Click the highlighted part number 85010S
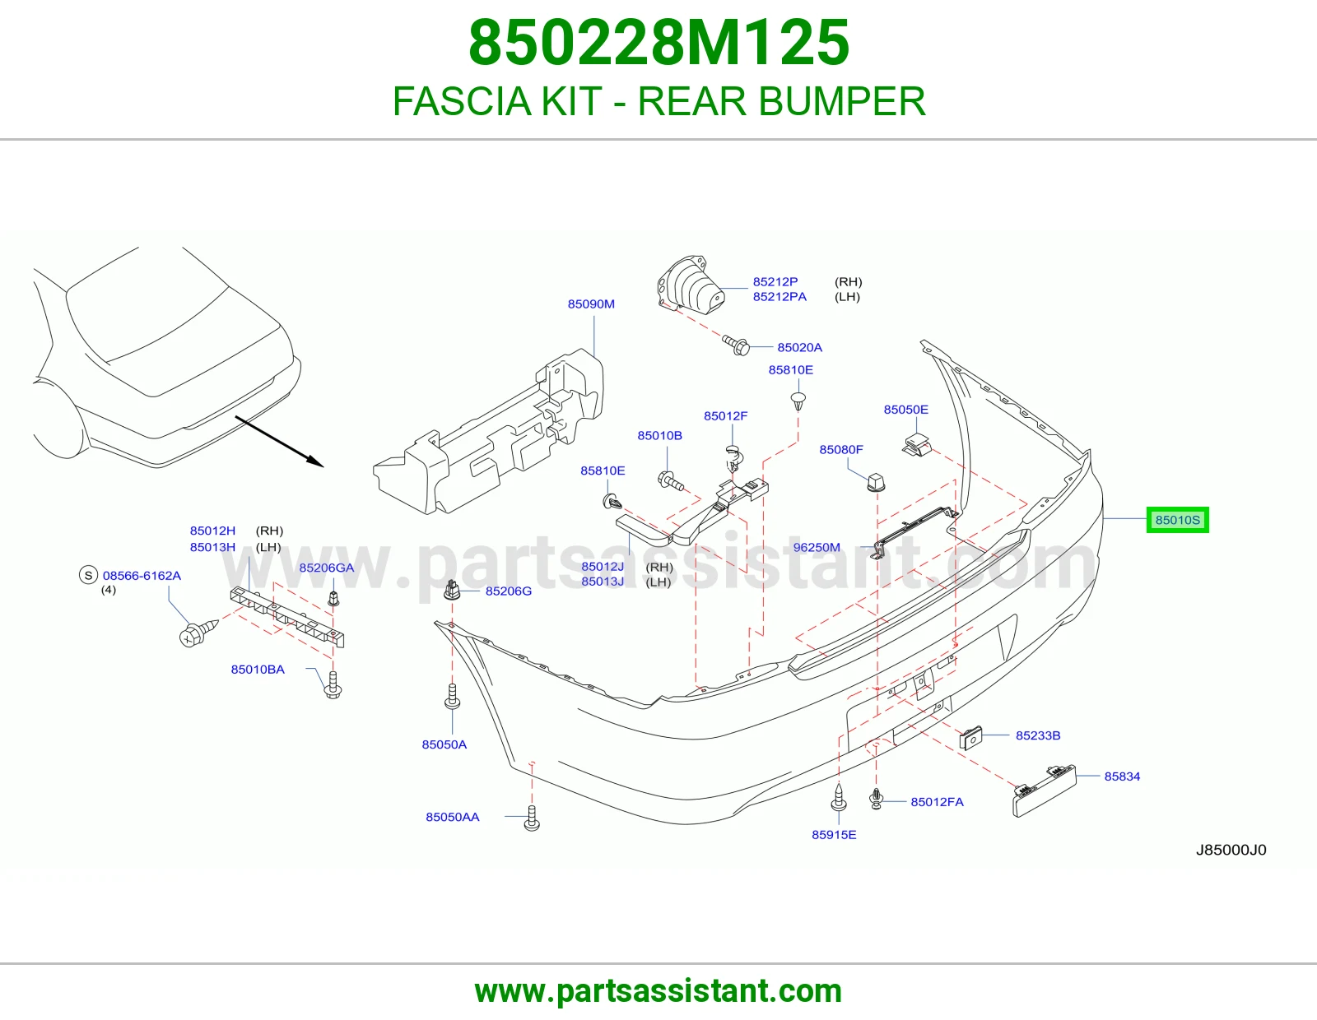pyautogui.click(x=1177, y=520)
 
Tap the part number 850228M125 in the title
pyautogui.click(x=658, y=43)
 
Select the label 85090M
pyautogui.click(x=591, y=304)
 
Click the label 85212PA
pyautogui.click(x=779, y=297)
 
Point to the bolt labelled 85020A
pyautogui.click(x=737, y=345)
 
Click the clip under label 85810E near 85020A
pyautogui.click(x=798, y=401)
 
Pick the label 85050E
pyautogui.click(x=905, y=410)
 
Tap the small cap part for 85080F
pyautogui.click(x=877, y=482)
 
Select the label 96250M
pyautogui.click(x=817, y=548)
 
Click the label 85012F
pyautogui.click(x=725, y=416)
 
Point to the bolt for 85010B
pyautogui.click(x=670, y=481)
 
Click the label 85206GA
pyautogui.click(x=327, y=568)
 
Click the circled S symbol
pyautogui.click(x=89, y=575)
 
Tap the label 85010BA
pyautogui.click(x=258, y=670)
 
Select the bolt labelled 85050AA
pyautogui.click(x=532, y=818)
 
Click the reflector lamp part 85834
pyautogui.click(x=1045, y=790)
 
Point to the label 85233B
pyautogui.click(x=1038, y=735)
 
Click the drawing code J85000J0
pyautogui.click(x=1231, y=850)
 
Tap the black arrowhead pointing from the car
pyautogui.click(x=315, y=461)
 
